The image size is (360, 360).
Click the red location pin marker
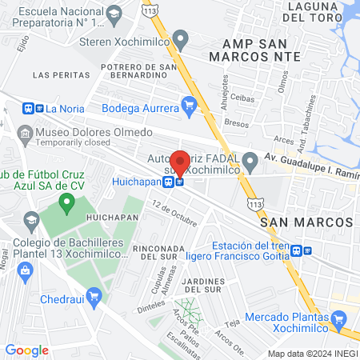[180, 162]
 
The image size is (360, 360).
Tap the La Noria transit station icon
[34, 108]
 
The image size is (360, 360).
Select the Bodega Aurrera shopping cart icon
[190, 103]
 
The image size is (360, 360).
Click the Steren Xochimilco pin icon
[181, 38]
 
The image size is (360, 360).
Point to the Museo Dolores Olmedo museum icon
[24, 132]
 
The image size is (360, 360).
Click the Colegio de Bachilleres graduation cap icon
[31, 219]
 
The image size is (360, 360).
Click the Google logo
[26, 350]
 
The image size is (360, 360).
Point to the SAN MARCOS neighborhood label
[306, 221]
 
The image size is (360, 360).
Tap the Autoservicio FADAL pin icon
[251, 162]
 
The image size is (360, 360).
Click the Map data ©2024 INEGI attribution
[312, 353]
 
